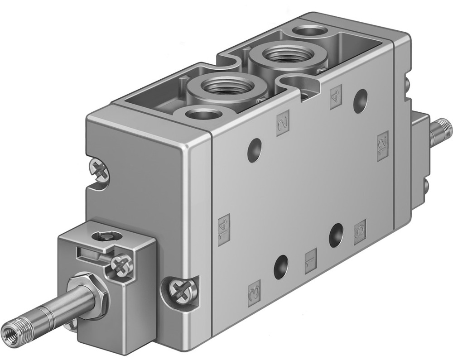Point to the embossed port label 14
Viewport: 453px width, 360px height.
pyautogui.click(x=224, y=229)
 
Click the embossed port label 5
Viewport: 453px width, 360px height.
pyautogui.click(x=360, y=232)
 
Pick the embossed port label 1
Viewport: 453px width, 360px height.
pyautogui.click(x=311, y=261)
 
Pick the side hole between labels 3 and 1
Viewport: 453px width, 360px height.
pyautogui.click(x=281, y=267)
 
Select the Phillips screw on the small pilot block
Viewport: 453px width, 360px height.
pyautogui.click(x=120, y=264)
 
